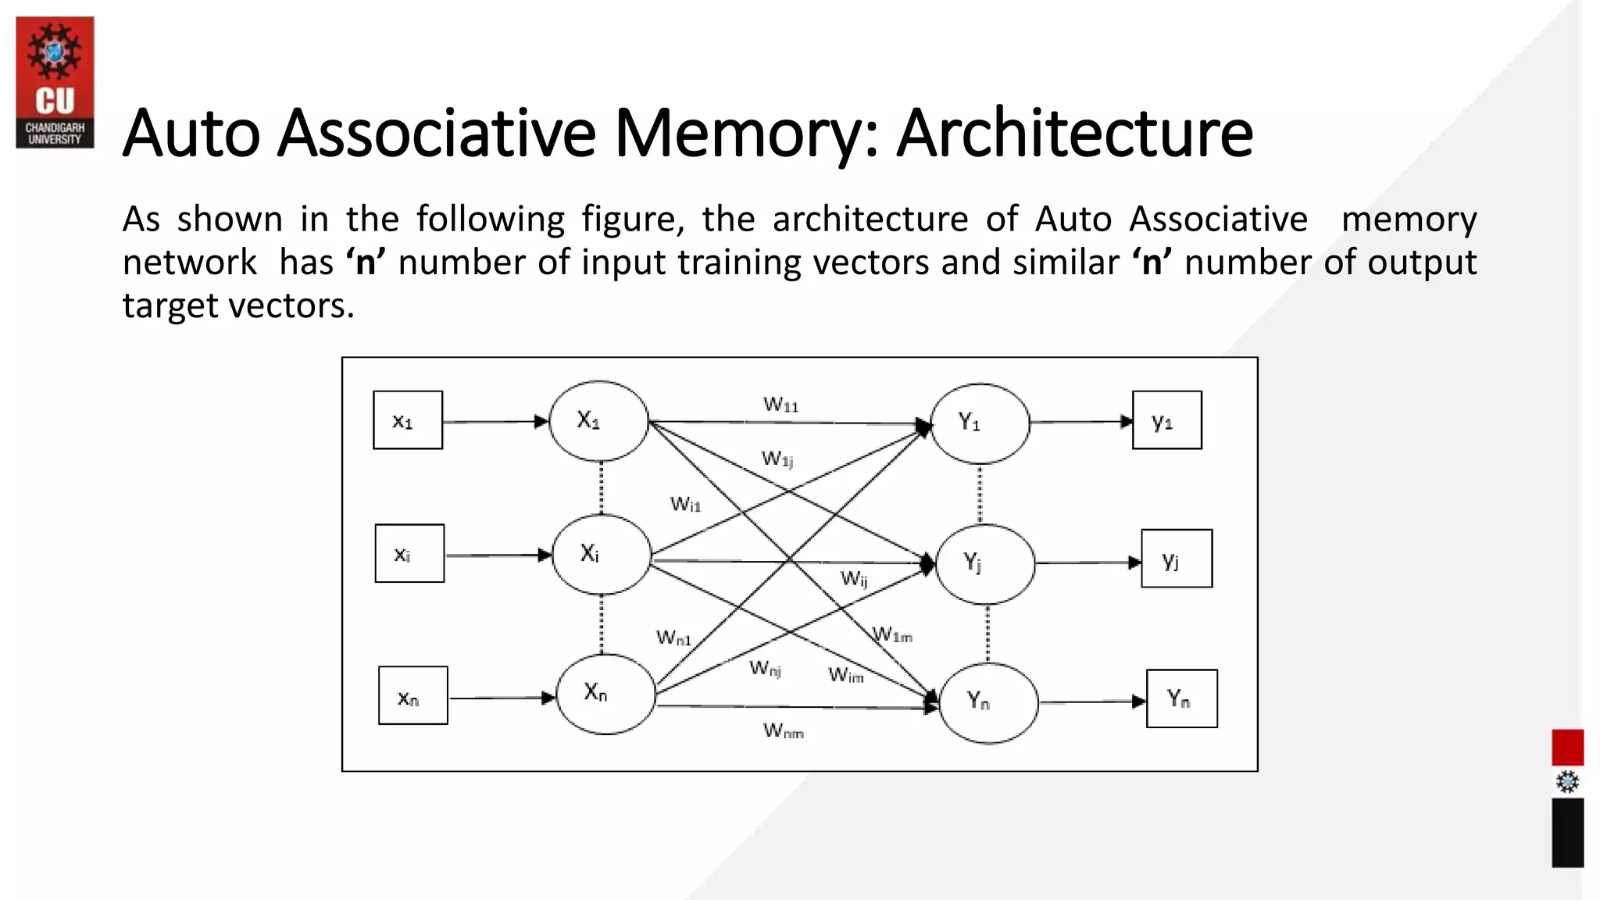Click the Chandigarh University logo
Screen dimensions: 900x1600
click(55, 82)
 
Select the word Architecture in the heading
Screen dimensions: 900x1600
click(1074, 133)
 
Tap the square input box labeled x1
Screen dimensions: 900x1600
click(408, 420)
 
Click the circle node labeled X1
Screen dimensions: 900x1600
click(598, 421)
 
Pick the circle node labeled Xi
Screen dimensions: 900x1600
click(601, 555)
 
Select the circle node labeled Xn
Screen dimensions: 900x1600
click(605, 694)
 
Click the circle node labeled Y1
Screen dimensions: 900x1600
click(980, 423)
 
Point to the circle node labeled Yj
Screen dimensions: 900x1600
click(984, 562)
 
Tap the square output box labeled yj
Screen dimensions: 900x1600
click(1176, 559)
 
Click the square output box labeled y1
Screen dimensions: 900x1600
click(1166, 420)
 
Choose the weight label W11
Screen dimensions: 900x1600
click(780, 405)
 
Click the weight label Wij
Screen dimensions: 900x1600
click(854, 579)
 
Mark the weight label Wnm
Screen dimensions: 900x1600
click(783, 731)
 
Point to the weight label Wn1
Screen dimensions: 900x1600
click(673, 638)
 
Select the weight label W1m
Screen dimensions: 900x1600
click(893, 634)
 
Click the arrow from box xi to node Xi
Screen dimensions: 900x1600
click(498, 555)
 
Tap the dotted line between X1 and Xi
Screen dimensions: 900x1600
click(601, 487)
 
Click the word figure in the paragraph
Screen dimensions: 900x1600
click(632, 219)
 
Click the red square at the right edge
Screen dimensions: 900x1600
click(1567, 748)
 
